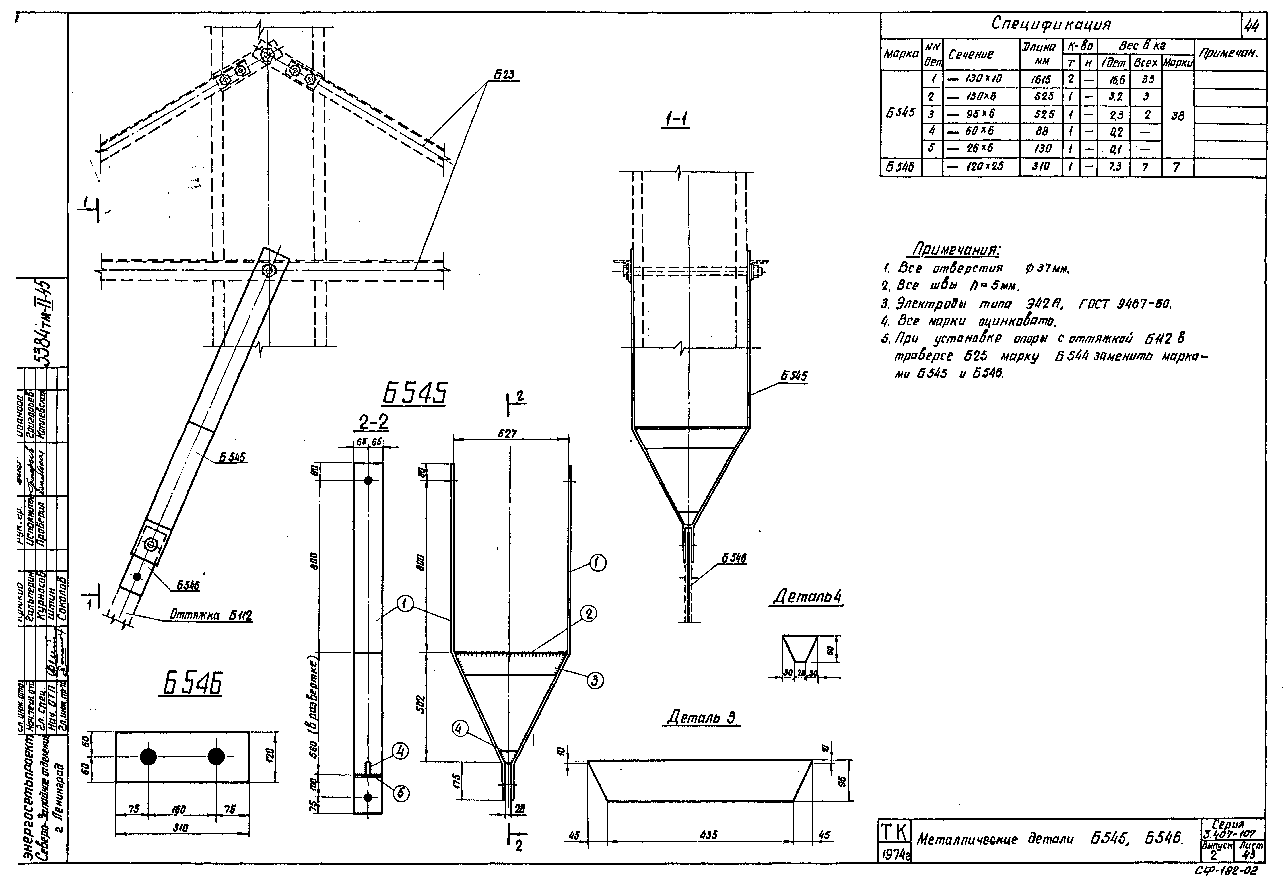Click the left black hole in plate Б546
pos(148,757)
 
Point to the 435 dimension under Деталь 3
pos(709,835)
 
